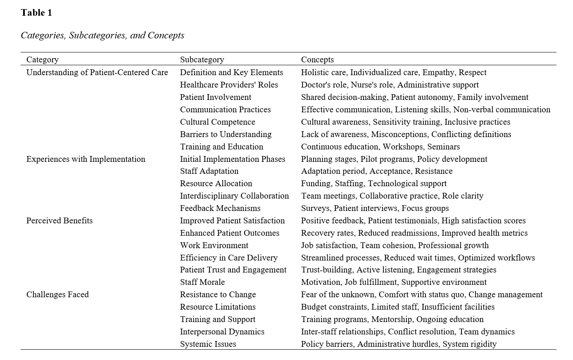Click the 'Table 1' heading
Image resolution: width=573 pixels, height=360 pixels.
tap(36, 13)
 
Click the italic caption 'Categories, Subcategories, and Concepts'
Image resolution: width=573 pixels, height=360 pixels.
tap(102, 36)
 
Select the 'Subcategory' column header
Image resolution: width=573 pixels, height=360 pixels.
tap(202, 60)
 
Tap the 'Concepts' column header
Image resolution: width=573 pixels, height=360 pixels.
tap(317, 60)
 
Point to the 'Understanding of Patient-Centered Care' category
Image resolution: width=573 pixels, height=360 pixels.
tap(97, 73)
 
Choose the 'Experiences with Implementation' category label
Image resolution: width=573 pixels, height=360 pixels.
tap(86, 159)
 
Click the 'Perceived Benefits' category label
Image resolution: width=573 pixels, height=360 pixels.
tap(59, 221)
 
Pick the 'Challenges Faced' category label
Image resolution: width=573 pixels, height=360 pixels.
tap(57, 295)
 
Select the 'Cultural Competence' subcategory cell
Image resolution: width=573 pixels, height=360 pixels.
tap(218, 122)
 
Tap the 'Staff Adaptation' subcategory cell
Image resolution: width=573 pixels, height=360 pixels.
tap(209, 171)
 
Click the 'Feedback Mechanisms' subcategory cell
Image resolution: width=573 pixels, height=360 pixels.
tap(220, 208)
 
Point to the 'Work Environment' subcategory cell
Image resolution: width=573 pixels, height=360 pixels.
tap(214, 246)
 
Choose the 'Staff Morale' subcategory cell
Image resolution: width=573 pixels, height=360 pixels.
tap(202, 282)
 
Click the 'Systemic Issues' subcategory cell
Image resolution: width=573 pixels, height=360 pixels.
tap(208, 344)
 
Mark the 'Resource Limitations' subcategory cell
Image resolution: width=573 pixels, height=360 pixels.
tap(218, 307)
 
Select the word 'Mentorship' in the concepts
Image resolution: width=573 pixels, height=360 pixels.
tap(392, 320)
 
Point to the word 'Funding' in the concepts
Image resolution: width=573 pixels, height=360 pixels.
tap(316, 184)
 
